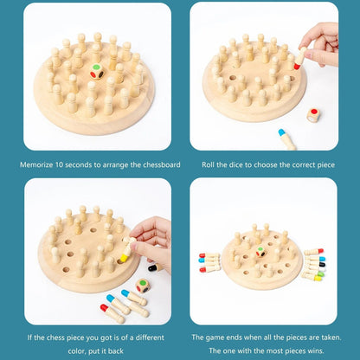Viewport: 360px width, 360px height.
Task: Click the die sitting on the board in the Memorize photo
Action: coord(97,73)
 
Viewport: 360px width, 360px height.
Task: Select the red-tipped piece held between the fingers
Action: coord(298,60)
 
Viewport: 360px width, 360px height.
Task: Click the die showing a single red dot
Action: coord(313,114)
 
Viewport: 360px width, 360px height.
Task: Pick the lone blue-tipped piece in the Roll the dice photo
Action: coord(286,138)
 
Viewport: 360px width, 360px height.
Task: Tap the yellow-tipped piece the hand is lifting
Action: coord(126,254)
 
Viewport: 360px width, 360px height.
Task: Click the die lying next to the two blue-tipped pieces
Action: coord(143,284)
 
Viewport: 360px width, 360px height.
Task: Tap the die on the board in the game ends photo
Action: coord(260,251)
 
